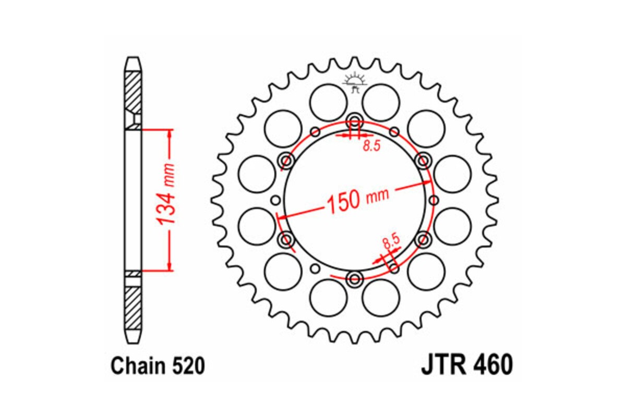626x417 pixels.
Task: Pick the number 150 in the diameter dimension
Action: tap(344, 201)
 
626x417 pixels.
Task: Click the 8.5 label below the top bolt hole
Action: tap(371, 146)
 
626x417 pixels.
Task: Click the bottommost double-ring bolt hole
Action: tap(355, 279)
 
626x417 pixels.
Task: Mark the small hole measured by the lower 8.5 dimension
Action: tap(394, 268)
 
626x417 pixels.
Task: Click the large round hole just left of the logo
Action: tap(328, 102)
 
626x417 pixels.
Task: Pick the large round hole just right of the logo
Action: tap(381, 102)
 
